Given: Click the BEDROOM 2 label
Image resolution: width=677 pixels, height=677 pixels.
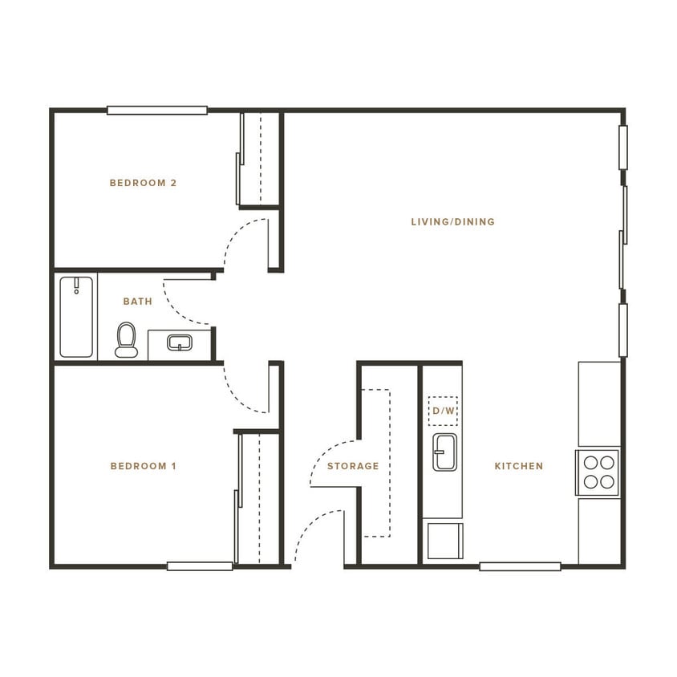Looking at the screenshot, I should pos(143,183).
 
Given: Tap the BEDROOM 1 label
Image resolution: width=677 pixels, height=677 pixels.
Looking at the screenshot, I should pos(143,466).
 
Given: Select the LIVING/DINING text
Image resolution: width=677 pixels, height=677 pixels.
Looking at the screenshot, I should pos(452,221).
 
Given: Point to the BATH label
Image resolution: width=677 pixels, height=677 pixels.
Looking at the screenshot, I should pos(137,302).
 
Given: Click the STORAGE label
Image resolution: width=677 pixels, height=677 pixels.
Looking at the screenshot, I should pos(352,466).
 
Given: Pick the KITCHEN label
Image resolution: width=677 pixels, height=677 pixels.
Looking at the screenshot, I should pos(518,466).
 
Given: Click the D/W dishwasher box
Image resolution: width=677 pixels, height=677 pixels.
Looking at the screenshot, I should pos(443,410).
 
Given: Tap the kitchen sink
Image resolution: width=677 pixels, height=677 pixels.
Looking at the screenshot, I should pos(444,452).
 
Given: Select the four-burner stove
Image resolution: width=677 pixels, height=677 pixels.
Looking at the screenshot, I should pos(598,472).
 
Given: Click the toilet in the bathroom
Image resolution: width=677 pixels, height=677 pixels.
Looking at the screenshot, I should pos(126,339).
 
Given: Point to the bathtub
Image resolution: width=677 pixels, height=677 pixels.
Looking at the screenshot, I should pos(76,316).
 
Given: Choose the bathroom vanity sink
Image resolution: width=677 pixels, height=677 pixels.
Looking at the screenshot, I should pos(179,343).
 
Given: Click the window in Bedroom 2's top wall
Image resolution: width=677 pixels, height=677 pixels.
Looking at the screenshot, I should pos(157,111).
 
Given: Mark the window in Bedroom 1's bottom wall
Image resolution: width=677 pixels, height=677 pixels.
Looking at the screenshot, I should pos(200,566).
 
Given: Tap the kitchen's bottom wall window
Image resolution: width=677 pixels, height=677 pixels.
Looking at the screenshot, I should pos(520,566).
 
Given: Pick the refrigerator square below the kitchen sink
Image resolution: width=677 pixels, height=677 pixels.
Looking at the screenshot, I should pos(443,540).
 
